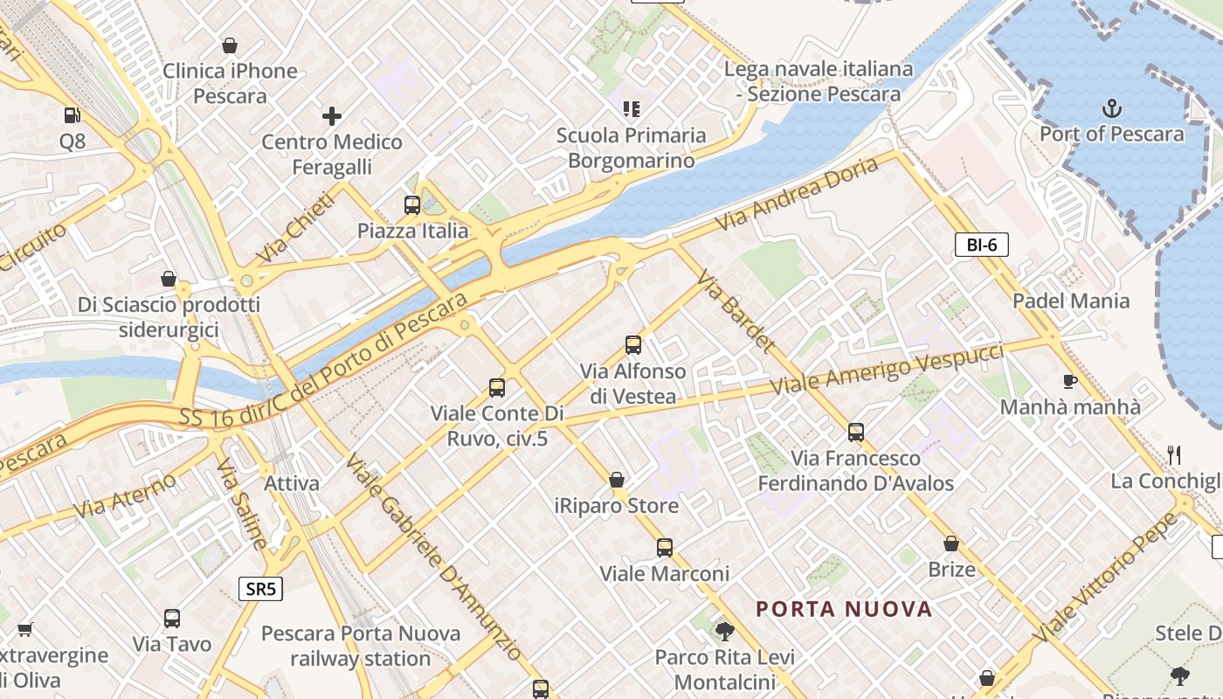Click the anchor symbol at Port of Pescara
1111,109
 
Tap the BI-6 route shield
981,245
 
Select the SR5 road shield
260,589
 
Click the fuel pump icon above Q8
73,115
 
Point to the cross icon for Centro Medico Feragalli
332,115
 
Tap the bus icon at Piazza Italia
412,205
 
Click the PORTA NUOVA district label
844,609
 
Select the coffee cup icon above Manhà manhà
1069,381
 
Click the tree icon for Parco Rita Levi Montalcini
723,631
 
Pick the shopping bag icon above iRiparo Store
617,480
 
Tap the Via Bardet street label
736,310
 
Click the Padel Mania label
1070,301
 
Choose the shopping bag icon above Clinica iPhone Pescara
230,45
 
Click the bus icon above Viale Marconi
665,548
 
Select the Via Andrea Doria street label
796,195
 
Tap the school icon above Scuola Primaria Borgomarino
631,109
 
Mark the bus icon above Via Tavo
172,619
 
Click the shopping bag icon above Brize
951,544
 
